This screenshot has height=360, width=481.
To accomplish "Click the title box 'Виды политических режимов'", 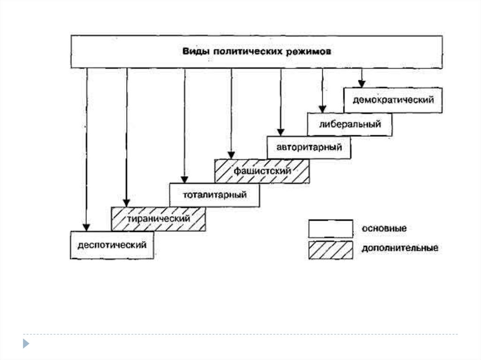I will click(256, 52).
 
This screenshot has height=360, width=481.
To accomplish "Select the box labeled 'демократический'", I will click(393, 100).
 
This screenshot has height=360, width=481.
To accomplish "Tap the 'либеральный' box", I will click(349, 124).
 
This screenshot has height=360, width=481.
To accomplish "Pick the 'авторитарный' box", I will click(308, 147).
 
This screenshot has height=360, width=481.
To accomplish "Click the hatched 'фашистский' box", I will click(262, 171).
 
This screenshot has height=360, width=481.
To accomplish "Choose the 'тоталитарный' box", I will click(214, 194).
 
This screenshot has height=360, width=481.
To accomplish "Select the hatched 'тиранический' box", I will click(158, 219).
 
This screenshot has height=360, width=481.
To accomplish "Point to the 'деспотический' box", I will click(112, 245).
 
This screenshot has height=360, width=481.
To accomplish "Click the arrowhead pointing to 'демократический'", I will click(361, 84).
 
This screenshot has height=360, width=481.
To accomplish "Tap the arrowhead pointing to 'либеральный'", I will click(322, 108).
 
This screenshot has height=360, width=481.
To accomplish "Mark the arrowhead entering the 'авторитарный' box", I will click(281, 132).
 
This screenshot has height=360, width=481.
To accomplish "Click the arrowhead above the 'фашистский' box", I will click(231, 155).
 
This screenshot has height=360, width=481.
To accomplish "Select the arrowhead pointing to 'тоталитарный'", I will click(185, 179).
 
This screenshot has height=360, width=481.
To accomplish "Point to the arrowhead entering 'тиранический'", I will click(126, 202).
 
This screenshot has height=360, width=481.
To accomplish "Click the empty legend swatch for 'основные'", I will click(330, 228).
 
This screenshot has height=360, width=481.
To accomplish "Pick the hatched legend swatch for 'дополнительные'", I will click(330, 249).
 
